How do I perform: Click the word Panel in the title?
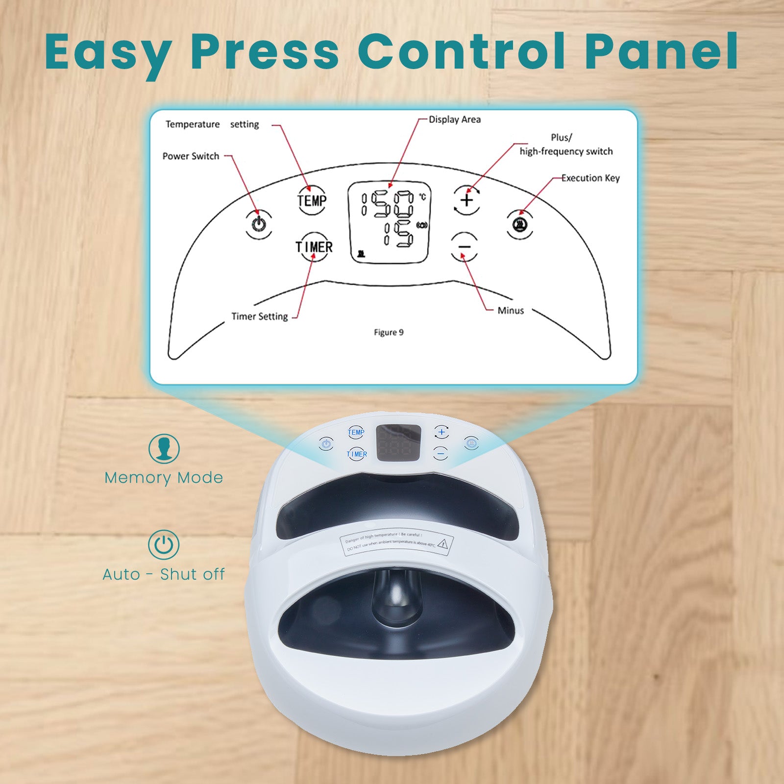coord(661,51)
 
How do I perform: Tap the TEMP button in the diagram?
coord(312,200)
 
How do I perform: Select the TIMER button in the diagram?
coord(314,247)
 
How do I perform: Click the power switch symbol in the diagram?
coord(259,224)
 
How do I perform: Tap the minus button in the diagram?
coord(464,246)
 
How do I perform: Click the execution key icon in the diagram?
coord(520,224)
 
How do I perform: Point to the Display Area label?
coord(455,120)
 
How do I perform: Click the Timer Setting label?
coord(260,317)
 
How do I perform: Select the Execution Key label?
coord(590,178)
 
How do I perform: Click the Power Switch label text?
coord(191,156)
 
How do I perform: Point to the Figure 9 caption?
coord(389,333)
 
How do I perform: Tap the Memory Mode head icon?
coord(164,448)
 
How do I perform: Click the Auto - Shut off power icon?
coord(164,544)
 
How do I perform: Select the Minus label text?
coord(511,311)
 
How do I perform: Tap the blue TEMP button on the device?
coord(356,432)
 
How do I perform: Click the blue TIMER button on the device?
coord(357,454)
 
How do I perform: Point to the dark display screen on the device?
coord(398,443)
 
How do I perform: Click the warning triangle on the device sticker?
coord(443,543)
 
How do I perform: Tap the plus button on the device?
coord(441,432)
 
